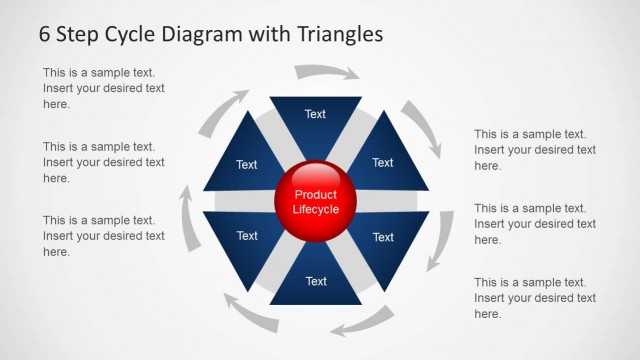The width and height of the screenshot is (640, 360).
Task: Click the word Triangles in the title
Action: tap(337, 34)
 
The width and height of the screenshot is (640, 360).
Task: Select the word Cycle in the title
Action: tap(139, 34)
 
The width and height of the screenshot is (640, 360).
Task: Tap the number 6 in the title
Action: tap(45, 34)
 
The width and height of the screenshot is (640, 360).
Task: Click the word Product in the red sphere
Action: tap(315, 194)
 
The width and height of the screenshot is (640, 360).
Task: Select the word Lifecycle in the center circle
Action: tap(315, 210)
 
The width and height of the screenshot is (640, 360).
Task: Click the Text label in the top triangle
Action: tap(315, 114)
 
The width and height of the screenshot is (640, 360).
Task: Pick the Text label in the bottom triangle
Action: tap(316, 281)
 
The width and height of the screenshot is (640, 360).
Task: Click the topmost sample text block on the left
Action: tap(103, 88)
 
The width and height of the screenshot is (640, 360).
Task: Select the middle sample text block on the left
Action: tap(103, 162)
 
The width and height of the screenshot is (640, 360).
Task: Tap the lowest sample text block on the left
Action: tap(103, 236)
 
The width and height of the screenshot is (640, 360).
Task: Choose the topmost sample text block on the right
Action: tap(535, 150)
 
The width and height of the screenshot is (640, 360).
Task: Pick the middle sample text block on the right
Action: tap(535, 224)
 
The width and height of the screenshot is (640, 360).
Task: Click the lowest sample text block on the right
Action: tap(535, 298)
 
